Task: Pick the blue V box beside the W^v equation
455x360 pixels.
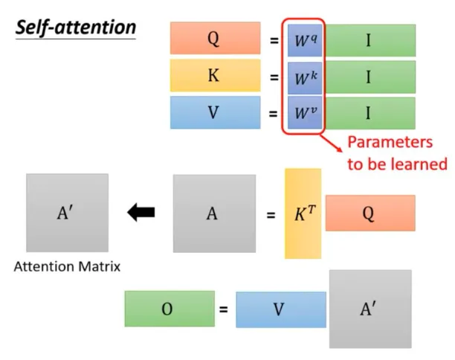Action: click(x=215, y=113)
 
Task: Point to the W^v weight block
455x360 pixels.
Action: click(x=305, y=113)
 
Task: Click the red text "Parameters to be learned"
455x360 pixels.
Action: click(x=398, y=152)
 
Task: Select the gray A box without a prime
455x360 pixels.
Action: click(x=214, y=214)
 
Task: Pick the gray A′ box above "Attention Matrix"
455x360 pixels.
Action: click(x=67, y=213)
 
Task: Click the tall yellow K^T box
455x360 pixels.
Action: click(x=303, y=213)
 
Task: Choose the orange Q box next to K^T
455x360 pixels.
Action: click(x=370, y=213)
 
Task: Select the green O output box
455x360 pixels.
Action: click(x=169, y=309)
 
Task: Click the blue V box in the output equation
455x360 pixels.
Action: click(x=280, y=309)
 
